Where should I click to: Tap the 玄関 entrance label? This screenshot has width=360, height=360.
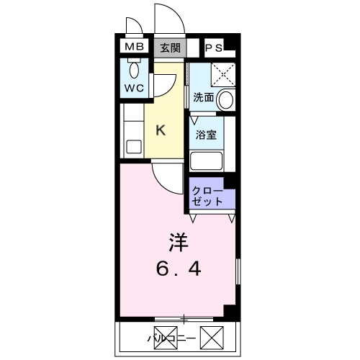coord(171,48)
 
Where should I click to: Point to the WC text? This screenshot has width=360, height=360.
coord(135,88)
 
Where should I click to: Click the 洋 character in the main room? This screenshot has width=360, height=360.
coord(179,241)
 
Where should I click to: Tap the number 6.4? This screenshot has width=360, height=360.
coord(179,269)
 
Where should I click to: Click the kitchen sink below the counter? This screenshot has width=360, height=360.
coord(133,147)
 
